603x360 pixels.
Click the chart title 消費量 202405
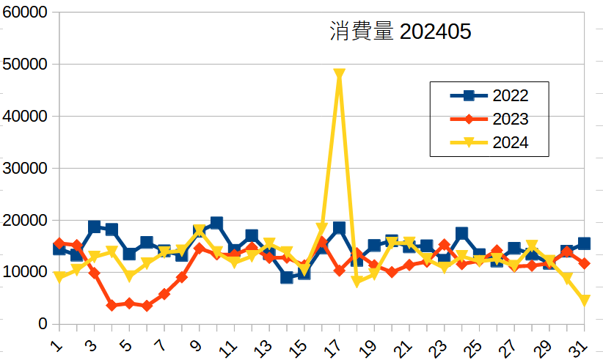point(400,32)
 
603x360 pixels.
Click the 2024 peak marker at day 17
point(339,75)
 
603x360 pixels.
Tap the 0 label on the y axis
point(43,324)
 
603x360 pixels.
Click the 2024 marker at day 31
point(585,301)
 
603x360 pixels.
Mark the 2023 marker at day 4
point(112,305)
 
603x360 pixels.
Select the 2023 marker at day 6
point(147,306)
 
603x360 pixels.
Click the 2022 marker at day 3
point(94,227)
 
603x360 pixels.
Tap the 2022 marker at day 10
point(216,223)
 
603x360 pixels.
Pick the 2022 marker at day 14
point(286,277)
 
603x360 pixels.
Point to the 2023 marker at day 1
point(59,243)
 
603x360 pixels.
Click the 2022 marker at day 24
point(461,233)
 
